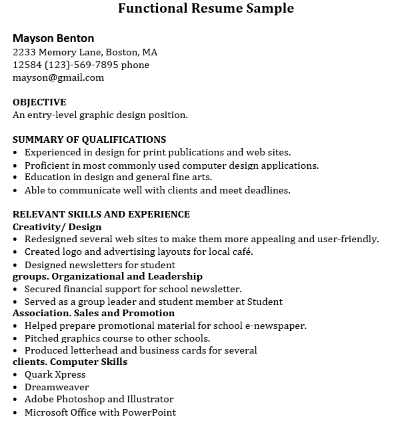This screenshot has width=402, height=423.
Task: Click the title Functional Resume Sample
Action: point(206,9)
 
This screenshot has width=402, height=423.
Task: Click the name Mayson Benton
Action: point(53,38)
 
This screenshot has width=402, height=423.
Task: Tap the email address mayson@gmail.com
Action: point(59,77)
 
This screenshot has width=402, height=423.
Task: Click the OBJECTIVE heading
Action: point(39,102)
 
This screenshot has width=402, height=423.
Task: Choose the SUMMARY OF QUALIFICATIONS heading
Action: point(89,139)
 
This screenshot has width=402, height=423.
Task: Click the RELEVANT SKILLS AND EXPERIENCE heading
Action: point(101,214)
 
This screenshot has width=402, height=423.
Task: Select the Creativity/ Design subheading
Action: point(57,227)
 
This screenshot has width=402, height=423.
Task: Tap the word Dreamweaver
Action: point(57,387)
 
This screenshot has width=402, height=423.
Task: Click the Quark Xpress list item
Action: point(55,374)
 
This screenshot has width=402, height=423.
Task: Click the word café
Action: point(239,252)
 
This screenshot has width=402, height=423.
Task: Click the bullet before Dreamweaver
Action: point(15,387)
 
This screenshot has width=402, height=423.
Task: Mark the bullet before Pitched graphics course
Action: point(15,338)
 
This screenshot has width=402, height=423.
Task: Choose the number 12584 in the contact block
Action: point(27,65)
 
